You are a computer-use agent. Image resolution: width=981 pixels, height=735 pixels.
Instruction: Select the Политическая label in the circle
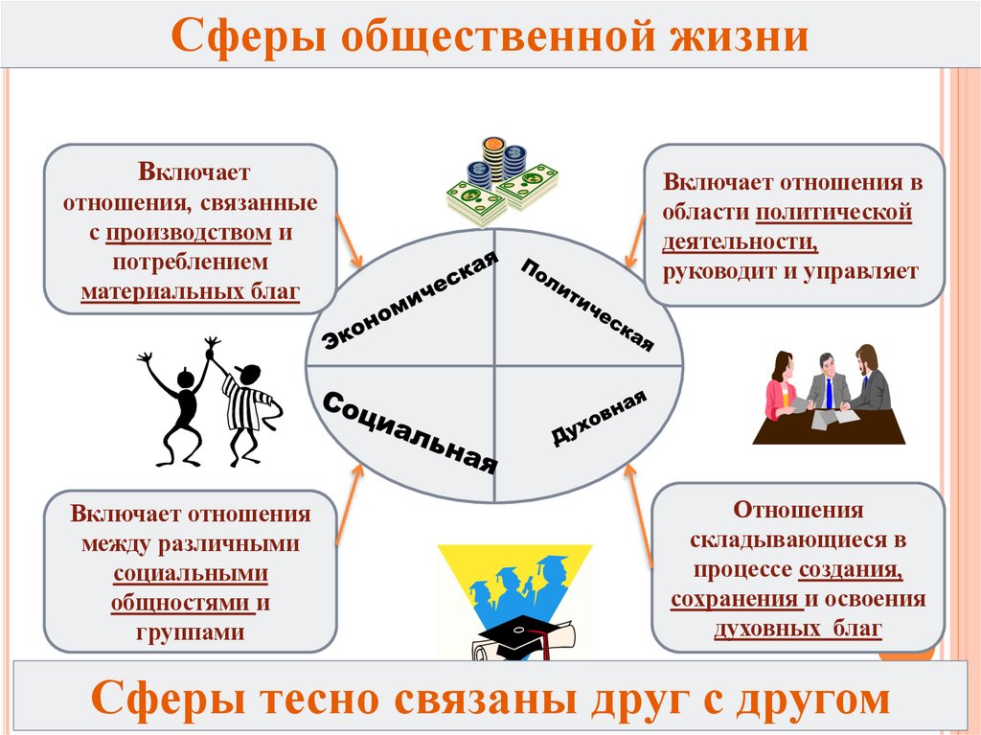586,304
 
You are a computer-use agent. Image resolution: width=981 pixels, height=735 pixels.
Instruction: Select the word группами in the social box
190,632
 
